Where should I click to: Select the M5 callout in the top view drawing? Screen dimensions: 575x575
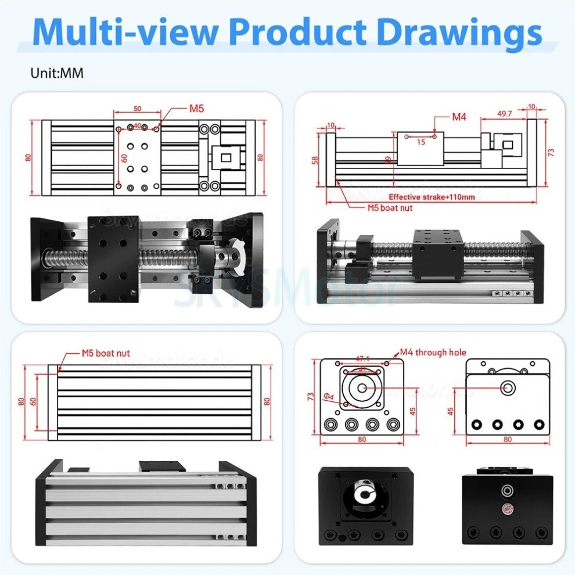pyautogui.click(x=196, y=108)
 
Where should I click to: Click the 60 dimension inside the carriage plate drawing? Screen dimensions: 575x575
pyautogui.click(x=124, y=158)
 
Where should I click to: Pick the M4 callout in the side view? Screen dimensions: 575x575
pyautogui.click(x=459, y=117)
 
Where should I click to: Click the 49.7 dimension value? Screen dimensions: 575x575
pyautogui.click(x=505, y=114)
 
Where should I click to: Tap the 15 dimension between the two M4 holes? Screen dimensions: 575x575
pyautogui.click(x=421, y=142)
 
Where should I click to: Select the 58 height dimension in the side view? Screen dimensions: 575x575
pyautogui.click(x=314, y=159)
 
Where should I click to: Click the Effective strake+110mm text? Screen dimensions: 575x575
pyautogui.click(x=432, y=197)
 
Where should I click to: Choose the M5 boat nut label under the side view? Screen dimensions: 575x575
pyautogui.click(x=390, y=207)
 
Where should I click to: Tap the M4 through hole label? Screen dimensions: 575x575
pyautogui.click(x=433, y=352)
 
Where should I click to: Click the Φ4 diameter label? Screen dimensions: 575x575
pyautogui.click(x=328, y=397)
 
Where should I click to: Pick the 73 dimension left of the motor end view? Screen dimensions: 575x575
pyautogui.click(x=311, y=397)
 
